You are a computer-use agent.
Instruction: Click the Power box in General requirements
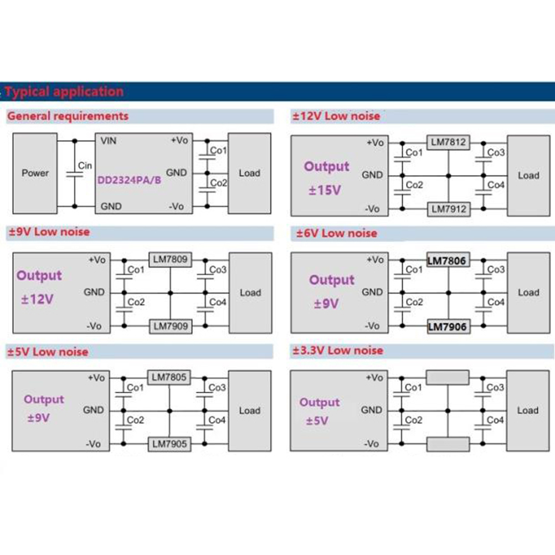tap(35, 172)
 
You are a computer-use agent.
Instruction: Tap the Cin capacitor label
tap(85, 166)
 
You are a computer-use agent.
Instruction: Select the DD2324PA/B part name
tap(130, 180)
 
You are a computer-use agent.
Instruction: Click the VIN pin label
tap(108, 141)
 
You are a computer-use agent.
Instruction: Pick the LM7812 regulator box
tap(448, 142)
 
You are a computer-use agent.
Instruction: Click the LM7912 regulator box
tap(448, 209)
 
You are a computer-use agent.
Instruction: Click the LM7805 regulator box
tap(169, 377)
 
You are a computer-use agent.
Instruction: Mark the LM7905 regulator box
tap(169, 444)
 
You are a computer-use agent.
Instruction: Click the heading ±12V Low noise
tap(336, 116)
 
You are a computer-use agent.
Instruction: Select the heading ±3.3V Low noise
tap(337, 350)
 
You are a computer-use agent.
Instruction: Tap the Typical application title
tap(64, 91)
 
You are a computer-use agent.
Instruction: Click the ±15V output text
tap(325, 191)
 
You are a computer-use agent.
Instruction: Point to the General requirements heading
tap(68, 116)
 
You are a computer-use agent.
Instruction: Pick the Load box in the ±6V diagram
tap(528, 292)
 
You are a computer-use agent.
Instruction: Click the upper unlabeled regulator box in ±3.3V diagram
tap(448, 378)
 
